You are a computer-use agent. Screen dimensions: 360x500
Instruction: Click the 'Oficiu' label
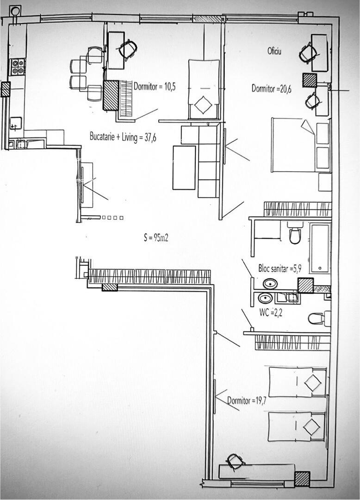[x=274, y=51]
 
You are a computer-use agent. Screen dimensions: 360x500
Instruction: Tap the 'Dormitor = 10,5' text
[x=155, y=87]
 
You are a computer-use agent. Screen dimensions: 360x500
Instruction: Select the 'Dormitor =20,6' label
[x=272, y=88]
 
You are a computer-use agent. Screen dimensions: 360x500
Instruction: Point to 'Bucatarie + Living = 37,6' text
[x=123, y=137]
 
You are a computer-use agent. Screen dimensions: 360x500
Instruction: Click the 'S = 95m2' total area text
[x=156, y=237]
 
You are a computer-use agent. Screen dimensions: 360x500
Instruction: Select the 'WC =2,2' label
[x=271, y=313]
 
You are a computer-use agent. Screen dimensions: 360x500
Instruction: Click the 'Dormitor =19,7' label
[x=247, y=400]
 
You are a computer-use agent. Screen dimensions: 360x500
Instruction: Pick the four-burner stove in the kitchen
[x=18, y=67]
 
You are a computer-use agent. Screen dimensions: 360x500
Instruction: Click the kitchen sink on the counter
[x=16, y=124]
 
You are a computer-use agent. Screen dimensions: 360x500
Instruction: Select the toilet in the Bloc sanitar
[x=295, y=233]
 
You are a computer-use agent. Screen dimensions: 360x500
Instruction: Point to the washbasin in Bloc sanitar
[x=270, y=283]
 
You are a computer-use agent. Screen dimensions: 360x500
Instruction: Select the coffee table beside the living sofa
[x=184, y=168]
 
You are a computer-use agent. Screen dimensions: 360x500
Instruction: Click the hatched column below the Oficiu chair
[x=310, y=80]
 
